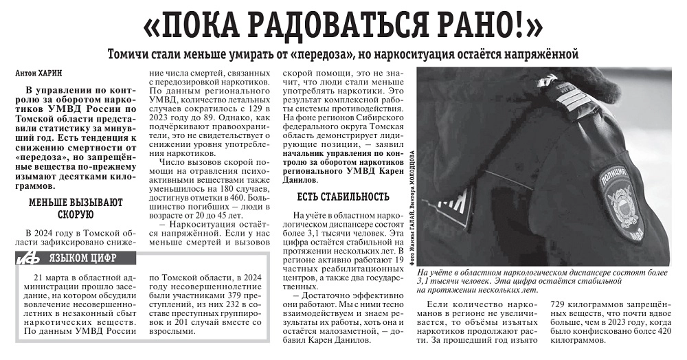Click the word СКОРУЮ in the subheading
(x=76, y=214)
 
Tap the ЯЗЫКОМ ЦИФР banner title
(x=82, y=258)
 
